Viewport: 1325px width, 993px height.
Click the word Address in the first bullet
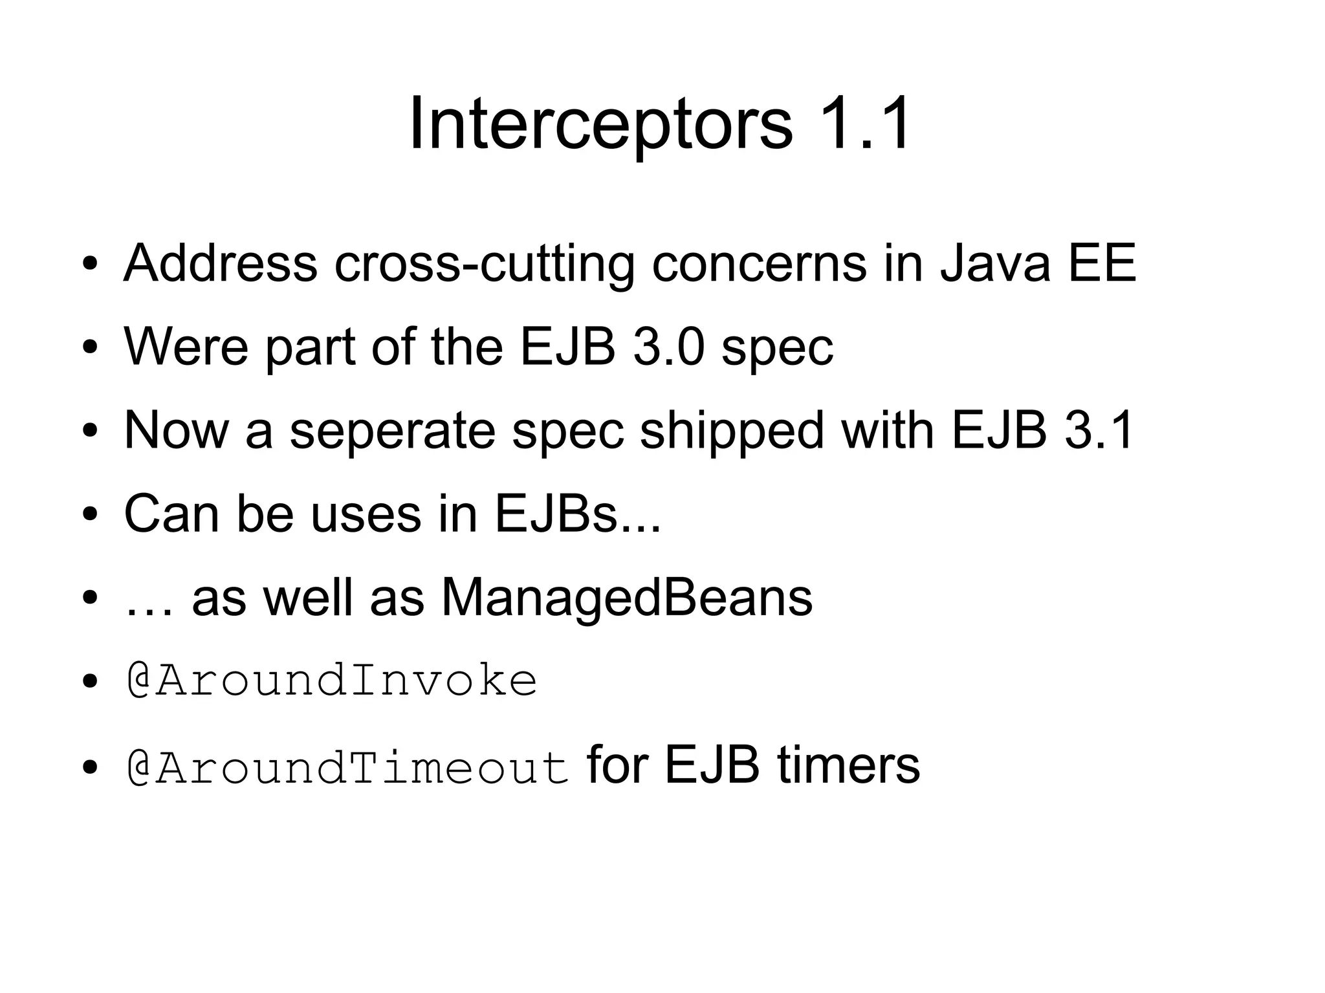(220, 263)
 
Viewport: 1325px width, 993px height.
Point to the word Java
(995, 263)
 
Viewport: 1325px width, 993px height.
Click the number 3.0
(668, 347)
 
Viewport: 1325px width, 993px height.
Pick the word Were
(186, 347)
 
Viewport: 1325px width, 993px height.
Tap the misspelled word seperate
(392, 430)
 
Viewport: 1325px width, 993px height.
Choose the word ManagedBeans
(626, 597)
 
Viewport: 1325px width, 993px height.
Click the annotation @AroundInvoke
(331, 681)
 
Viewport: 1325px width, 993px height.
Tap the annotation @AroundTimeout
(347, 767)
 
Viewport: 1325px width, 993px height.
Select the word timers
(848, 765)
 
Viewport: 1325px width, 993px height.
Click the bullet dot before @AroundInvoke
(90, 683)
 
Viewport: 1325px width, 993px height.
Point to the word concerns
(758, 263)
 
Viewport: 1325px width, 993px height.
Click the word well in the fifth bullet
(307, 597)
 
